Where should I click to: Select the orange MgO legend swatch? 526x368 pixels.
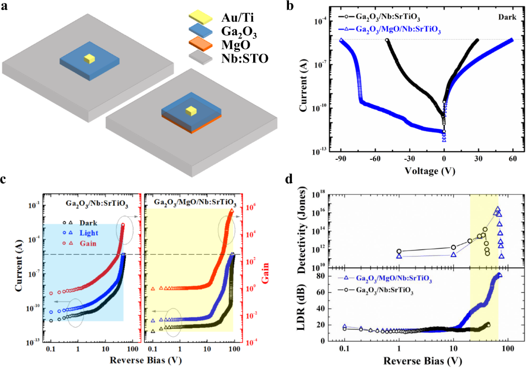point(194,44)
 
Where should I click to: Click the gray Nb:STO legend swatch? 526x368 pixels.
point(194,58)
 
